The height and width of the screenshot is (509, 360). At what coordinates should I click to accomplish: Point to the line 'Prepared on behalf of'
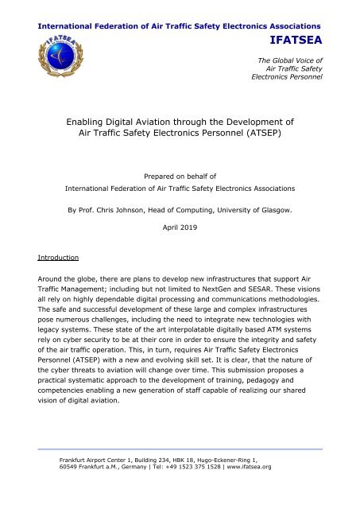coord(179,176)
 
